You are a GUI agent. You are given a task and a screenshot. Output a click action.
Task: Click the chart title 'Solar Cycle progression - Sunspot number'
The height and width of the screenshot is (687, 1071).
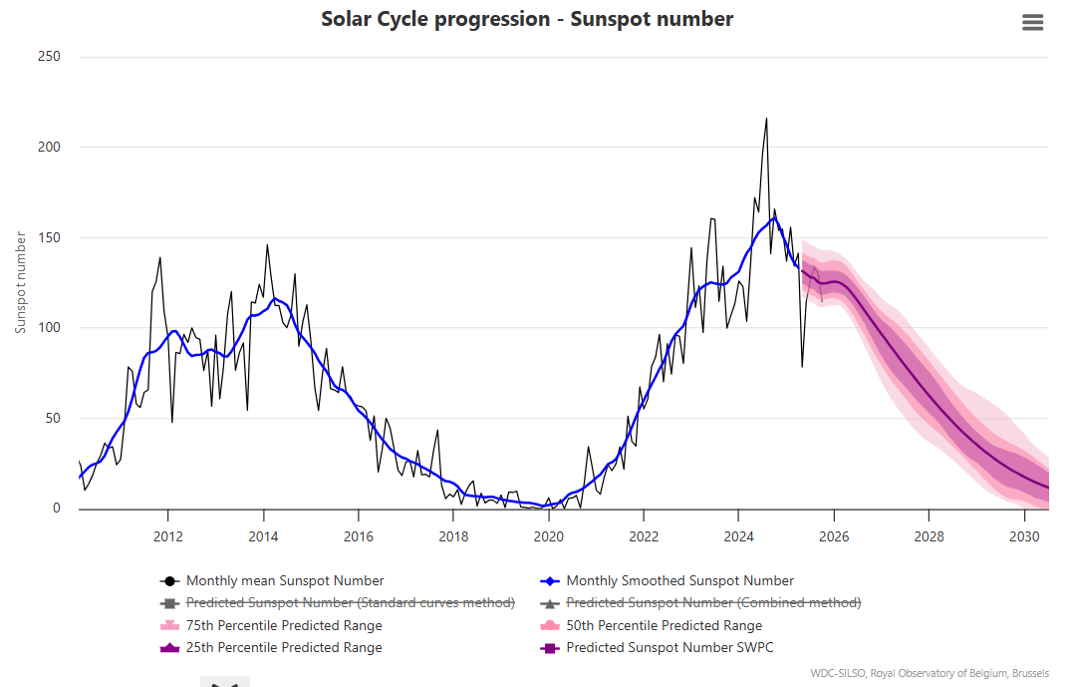(x=527, y=19)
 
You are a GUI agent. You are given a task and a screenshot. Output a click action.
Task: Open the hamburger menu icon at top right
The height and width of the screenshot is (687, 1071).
(x=1033, y=23)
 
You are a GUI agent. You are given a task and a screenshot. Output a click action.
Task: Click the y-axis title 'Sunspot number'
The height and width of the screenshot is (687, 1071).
(x=21, y=281)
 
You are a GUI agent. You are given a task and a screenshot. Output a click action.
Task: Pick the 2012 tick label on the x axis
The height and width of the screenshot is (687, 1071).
(x=167, y=536)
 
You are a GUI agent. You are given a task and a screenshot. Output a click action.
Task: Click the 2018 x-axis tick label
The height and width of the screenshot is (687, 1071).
(x=453, y=536)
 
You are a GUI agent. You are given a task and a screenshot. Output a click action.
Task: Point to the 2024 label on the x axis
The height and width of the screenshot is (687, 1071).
(x=738, y=536)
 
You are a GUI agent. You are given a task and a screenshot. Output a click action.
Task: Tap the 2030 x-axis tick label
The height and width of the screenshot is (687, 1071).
(x=1025, y=536)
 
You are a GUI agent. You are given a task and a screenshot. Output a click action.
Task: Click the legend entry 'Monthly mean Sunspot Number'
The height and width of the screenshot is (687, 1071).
(x=284, y=581)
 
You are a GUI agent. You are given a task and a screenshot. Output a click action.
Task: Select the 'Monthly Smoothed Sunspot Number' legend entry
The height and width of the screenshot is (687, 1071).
(x=679, y=581)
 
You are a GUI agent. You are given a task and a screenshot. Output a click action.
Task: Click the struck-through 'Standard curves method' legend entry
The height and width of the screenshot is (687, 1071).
(x=350, y=603)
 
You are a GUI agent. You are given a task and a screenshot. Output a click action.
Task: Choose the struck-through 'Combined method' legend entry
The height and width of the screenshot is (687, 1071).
(x=713, y=603)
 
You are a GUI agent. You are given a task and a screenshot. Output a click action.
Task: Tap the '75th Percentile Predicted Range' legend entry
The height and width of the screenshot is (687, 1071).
(x=284, y=626)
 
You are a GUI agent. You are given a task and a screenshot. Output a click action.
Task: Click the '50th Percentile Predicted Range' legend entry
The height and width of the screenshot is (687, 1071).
(x=664, y=626)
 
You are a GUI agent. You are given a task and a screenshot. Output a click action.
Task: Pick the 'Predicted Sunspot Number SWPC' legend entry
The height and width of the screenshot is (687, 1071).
(x=669, y=648)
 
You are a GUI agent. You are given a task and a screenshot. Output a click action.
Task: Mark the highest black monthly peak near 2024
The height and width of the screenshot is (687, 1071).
(x=766, y=119)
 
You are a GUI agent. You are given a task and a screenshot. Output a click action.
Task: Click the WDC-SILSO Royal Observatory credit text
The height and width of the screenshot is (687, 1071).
(x=930, y=673)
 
